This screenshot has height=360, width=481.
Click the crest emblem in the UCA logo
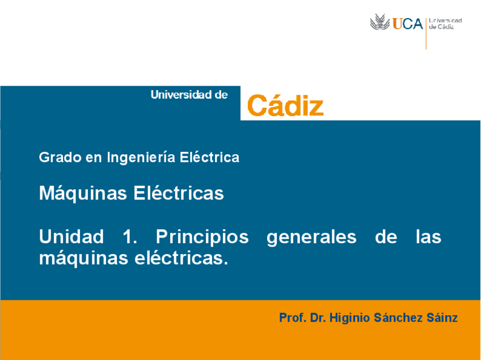point(381,23)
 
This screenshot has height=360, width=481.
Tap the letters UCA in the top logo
point(408,24)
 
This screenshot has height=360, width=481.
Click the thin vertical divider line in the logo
point(426,31)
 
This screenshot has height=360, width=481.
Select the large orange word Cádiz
point(285,105)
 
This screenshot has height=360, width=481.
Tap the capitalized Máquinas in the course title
point(83,193)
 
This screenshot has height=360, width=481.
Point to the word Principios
point(202,237)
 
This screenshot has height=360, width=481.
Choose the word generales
point(311,237)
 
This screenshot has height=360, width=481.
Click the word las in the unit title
point(428,236)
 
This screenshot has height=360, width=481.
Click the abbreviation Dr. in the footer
point(318,318)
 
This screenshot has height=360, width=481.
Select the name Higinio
point(351,318)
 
